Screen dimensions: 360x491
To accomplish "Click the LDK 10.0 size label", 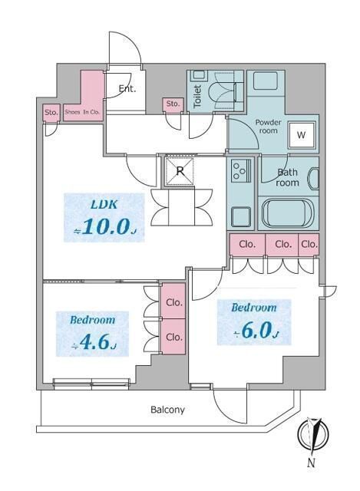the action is click(104, 218).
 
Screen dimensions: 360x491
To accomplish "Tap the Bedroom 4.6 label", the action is click(92, 334).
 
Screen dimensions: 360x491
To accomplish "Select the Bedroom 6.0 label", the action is click(254, 322).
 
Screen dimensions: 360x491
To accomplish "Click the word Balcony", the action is click(167, 410).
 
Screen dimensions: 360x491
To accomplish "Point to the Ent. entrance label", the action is click(127, 89).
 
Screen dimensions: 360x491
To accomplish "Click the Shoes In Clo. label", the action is click(82, 112).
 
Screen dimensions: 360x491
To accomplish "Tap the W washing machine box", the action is click(301, 135).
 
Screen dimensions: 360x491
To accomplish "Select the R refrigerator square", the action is click(180, 171).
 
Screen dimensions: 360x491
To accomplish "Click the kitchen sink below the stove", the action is click(241, 216).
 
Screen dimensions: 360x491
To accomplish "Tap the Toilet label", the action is click(197, 96).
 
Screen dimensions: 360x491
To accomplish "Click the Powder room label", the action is click(268, 126).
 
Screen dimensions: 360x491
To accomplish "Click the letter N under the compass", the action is click(311, 463).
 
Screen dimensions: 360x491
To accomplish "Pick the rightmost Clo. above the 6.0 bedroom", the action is click(309, 244).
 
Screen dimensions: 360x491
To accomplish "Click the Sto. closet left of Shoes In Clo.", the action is click(51, 113).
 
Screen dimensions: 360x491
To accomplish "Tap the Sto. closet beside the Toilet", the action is click(173, 104).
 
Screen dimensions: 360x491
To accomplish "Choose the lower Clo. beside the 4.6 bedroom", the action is click(174, 337).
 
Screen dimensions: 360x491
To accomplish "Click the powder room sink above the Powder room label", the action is click(266, 81).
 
